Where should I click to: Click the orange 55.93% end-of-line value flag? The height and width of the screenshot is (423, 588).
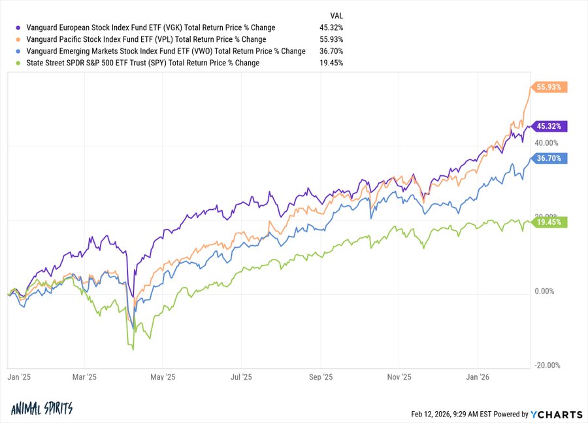coord(549,87)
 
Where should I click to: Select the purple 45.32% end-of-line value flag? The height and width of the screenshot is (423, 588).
coord(549,126)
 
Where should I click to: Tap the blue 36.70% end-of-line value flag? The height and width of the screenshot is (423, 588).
coord(549,158)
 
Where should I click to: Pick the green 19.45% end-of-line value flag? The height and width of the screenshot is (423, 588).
coord(549,222)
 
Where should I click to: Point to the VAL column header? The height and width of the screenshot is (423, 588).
coord(336,15)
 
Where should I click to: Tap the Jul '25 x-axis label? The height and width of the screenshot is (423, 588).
coord(242,377)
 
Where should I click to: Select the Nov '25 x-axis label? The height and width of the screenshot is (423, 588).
coord(399,377)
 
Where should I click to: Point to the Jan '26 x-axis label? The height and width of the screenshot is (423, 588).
coord(477,377)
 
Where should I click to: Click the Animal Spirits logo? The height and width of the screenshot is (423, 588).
coord(42,409)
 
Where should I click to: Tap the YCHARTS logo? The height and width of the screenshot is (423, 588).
coord(557,414)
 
